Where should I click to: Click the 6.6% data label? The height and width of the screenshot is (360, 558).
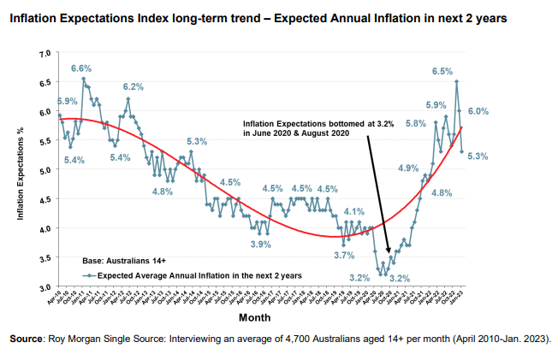(x=81, y=68)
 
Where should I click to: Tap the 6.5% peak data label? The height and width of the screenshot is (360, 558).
(x=442, y=71)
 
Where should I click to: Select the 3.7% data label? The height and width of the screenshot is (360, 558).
(x=344, y=255)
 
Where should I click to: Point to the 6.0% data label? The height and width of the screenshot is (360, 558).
(x=478, y=111)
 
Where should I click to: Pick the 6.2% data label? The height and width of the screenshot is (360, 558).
(x=133, y=86)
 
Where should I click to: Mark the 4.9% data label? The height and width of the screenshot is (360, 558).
(x=407, y=168)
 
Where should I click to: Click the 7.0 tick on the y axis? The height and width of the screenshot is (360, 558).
(x=45, y=54)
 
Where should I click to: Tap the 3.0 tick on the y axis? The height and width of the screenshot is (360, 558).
(x=45, y=286)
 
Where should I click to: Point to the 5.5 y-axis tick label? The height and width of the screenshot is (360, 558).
(x=45, y=141)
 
